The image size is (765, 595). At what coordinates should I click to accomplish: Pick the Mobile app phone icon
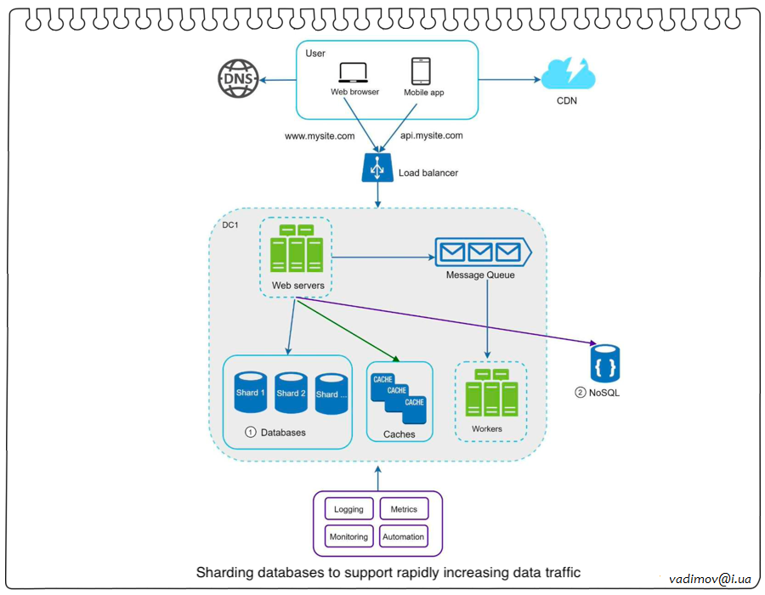421,71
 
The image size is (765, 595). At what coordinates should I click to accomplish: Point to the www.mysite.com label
320,135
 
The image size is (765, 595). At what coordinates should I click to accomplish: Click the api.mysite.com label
431,135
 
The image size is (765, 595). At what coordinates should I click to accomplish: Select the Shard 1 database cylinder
251,393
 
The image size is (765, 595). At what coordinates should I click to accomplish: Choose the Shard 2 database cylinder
291,393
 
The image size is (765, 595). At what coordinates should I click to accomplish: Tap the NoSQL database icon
605,364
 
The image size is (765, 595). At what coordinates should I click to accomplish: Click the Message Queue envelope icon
481,252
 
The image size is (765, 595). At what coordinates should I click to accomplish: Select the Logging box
348,509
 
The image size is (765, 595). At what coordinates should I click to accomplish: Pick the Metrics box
404,509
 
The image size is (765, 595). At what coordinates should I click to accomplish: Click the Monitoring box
348,536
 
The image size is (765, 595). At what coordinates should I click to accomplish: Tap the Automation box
404,536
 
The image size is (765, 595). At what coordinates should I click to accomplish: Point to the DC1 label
230,225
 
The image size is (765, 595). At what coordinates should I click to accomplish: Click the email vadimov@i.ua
710,579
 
